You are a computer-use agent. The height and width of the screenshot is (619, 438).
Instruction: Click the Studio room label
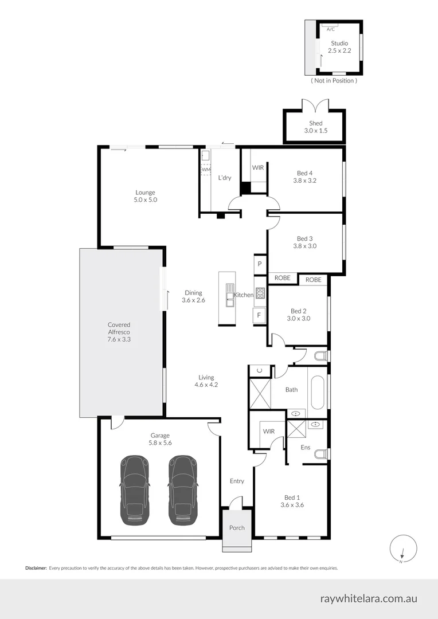(x=339, y=43)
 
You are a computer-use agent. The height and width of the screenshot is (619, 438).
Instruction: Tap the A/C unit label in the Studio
(x=331, y=28)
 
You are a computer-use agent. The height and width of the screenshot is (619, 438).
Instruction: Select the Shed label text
(x=316, y=123)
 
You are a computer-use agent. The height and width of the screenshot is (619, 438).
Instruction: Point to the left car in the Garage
(x=135, y=490)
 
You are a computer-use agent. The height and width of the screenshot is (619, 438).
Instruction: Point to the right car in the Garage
(x=183, y=490)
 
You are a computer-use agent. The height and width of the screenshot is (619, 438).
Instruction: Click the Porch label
(x=237, y=528)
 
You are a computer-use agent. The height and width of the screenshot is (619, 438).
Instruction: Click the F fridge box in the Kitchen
(x=259, y=315)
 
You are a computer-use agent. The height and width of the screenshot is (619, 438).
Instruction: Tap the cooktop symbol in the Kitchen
(x=260, y=293)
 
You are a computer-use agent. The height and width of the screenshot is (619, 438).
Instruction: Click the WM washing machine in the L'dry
(x=205, y=170)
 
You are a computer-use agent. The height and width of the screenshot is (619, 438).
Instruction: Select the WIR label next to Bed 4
(x=258, y=168)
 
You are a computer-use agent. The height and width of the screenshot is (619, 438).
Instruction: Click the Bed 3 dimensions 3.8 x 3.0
(x=304, y=246)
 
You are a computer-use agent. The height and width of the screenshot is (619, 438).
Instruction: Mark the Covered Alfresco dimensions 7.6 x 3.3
(x=119, y=339)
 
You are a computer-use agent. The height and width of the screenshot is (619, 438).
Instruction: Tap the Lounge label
(x=146, y=193)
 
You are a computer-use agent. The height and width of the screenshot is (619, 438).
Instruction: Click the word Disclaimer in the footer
(x=36, y=568)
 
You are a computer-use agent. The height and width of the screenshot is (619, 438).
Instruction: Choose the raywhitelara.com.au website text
(x=369, y=598)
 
